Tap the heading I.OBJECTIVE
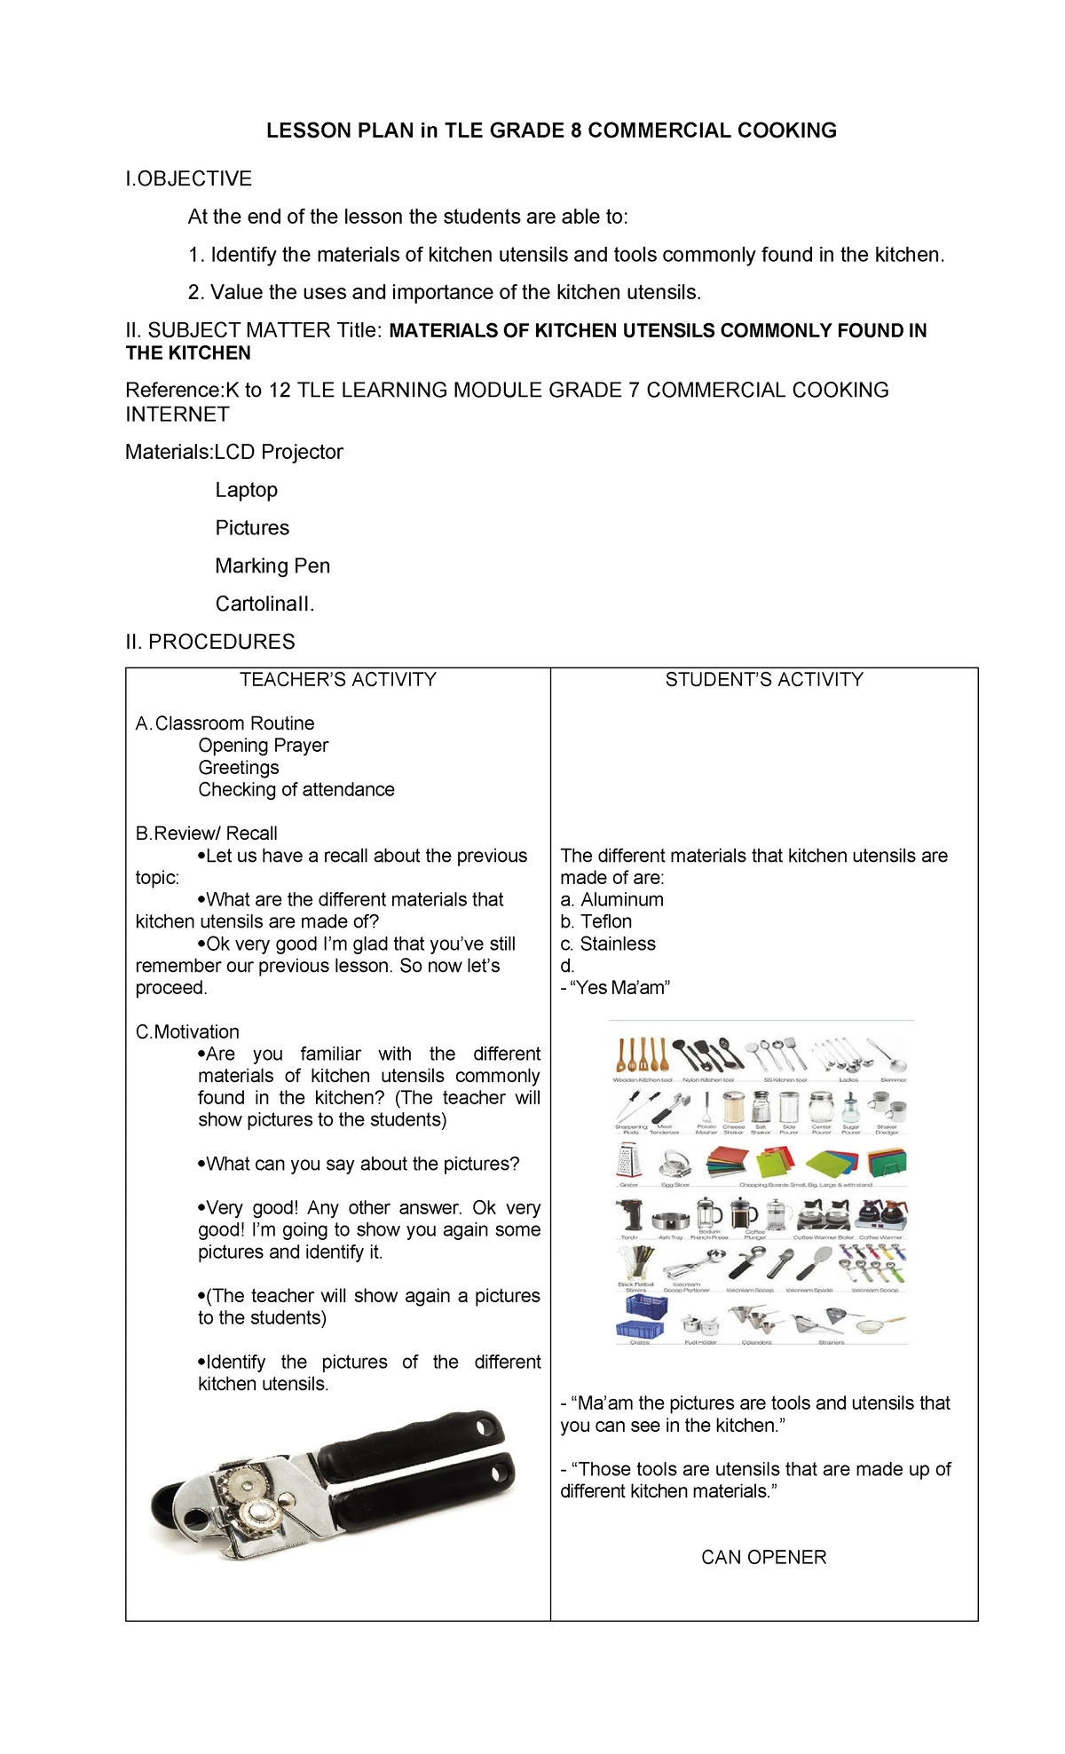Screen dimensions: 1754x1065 coord(188,178)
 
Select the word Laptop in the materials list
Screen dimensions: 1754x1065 coord(246,490)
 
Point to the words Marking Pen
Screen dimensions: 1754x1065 coord(272,565)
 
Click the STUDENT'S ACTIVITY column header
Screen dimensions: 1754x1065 coord(764,679)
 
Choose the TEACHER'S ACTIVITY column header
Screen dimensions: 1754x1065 coord(337,679)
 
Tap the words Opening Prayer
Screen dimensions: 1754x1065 coord(263,745)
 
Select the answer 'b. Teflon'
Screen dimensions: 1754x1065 coord(596,921)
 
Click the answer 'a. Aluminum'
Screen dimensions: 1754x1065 coord(611,899)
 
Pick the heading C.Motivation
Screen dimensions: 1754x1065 coord(187,1031)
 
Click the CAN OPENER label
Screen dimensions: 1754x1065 coord(763,1557)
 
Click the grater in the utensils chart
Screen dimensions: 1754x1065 coord(628,1160)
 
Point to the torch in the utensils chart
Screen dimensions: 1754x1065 coord(628,1214)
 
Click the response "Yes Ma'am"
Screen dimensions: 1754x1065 coord(619,987)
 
